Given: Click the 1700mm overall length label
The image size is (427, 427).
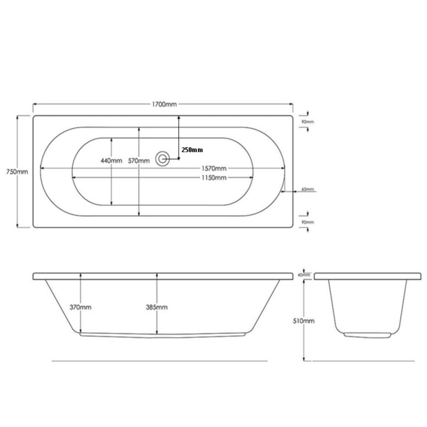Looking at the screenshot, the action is click(164, 104).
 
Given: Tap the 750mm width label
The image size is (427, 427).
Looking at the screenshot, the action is click(17, 172).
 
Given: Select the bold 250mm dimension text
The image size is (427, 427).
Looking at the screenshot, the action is click(192, 150).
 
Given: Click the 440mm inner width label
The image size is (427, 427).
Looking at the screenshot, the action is click(111, 161).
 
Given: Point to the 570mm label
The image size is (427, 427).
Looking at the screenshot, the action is click(139, 161).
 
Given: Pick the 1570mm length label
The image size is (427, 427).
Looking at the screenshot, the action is click(214, 168).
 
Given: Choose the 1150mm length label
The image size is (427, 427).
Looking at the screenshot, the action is click(214, 178).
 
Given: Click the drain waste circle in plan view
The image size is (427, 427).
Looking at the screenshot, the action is click(163, 158).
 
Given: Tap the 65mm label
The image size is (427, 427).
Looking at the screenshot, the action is click(308, 189).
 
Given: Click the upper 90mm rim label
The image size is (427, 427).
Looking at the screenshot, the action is click(308, 122).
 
